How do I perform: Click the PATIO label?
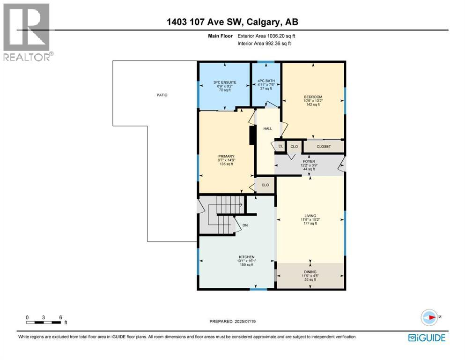pos(162,95)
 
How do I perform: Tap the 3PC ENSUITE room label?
pos(226,82)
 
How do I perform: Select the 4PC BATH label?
pos(266,81)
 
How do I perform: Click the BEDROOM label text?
pos(313,97)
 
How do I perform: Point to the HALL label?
pos(267,128)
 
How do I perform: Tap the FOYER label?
pos(309,161)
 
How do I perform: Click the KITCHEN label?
pos(247,257)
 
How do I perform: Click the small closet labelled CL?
pos(280,146)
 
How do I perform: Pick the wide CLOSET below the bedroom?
pos(324,146)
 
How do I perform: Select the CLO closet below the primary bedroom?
pos(266,185)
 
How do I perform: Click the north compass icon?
pos(429,317)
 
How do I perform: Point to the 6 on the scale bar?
pos(60,317)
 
